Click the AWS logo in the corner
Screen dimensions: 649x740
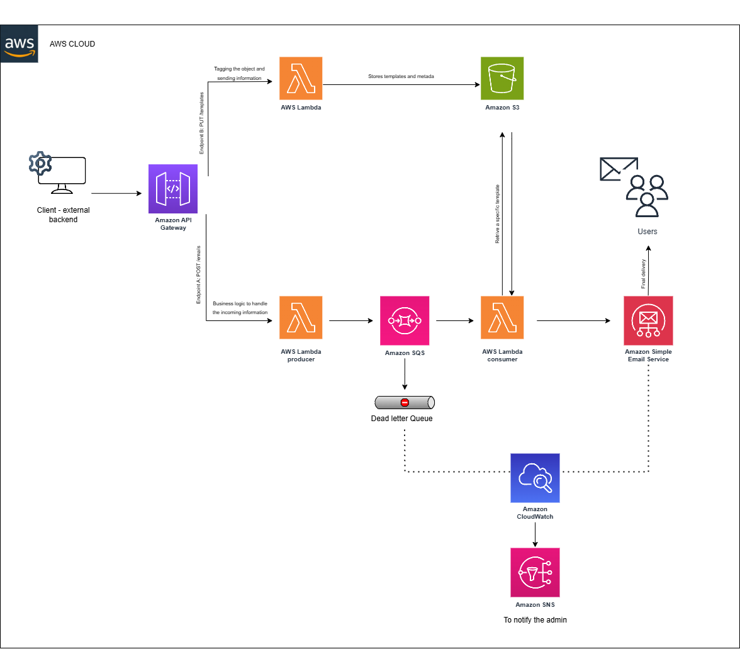20,44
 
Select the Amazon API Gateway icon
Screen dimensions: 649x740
173,189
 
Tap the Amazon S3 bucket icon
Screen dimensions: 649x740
502,78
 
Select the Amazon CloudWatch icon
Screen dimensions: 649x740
535,478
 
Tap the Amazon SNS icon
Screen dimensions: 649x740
535,572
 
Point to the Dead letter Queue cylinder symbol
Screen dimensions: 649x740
405,402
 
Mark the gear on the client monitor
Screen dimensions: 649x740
40,164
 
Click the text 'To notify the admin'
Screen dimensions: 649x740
535,620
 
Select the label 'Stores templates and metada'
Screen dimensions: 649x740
401,76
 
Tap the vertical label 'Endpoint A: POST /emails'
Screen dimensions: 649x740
199,274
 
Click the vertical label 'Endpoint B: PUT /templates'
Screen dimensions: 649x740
202,123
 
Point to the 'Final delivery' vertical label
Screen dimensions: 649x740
644,274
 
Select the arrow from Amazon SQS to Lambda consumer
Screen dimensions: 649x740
455,320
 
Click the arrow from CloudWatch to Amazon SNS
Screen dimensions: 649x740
535,534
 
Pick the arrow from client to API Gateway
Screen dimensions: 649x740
116,193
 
